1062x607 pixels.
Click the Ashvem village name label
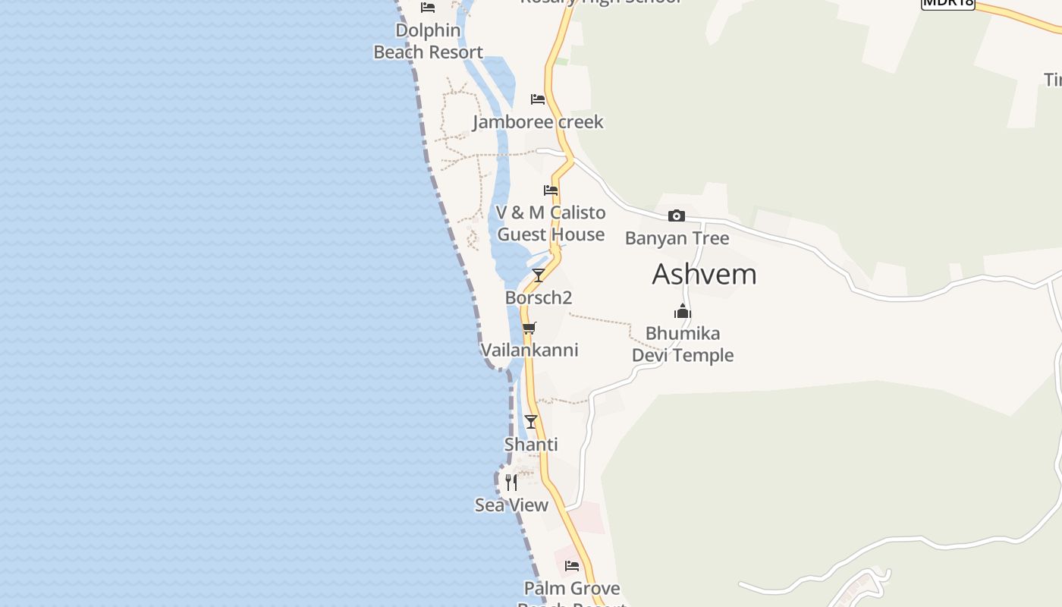point(704,274)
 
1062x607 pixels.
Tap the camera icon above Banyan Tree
point(677,216)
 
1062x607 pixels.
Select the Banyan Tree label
point(677,238)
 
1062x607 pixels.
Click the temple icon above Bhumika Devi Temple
point(683,311)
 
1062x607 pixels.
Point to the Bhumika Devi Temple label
point(683,344)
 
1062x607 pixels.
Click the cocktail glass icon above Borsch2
point(539,275)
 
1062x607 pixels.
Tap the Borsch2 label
point(539,297)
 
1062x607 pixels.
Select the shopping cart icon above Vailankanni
point(529,328)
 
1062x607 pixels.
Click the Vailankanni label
point(529,350)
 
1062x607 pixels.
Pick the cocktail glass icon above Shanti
point(531,422)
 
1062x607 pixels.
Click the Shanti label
point(531,445)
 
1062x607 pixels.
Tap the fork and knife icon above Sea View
point(511,483)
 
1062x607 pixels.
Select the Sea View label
point(511,505)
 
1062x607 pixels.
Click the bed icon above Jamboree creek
point(538,99)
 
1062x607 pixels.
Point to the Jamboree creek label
point(538,121)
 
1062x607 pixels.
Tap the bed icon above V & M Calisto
point(551,190)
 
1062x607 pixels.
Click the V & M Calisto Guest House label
point(551,223)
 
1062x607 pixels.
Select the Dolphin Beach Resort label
point(428,41)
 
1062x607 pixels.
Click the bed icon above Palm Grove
point(572,566)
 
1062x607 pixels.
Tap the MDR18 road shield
point(947,2)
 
